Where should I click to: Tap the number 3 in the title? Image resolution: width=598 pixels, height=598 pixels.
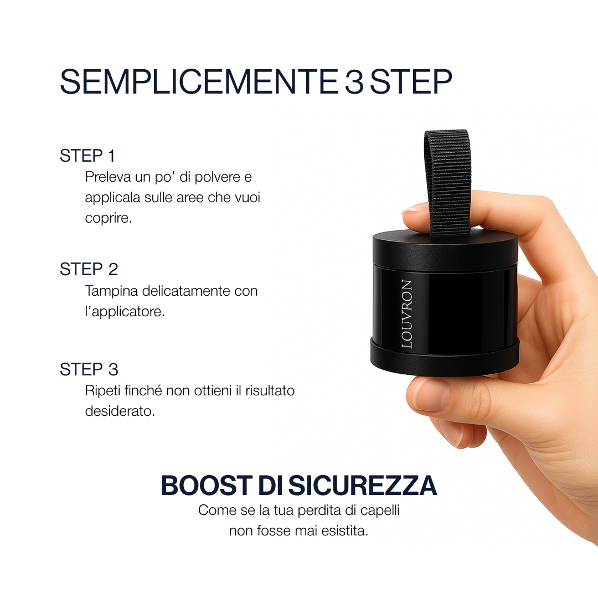point(354,82)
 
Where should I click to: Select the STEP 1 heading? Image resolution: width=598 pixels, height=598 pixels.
point(87,156)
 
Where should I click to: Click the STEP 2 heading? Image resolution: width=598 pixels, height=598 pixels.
point(89,270)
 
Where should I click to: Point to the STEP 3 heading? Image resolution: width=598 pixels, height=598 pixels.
point(89,369)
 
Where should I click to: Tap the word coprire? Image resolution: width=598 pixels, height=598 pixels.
point(109,218)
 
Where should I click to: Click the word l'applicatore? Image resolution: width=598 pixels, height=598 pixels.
point(125,311)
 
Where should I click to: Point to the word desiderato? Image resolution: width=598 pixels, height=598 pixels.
point(120,411)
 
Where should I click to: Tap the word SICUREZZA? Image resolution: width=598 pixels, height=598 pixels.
point(363,486)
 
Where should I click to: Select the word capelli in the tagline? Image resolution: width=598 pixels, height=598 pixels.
point(379,510)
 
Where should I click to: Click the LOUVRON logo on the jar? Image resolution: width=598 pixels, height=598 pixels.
point(407,314)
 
